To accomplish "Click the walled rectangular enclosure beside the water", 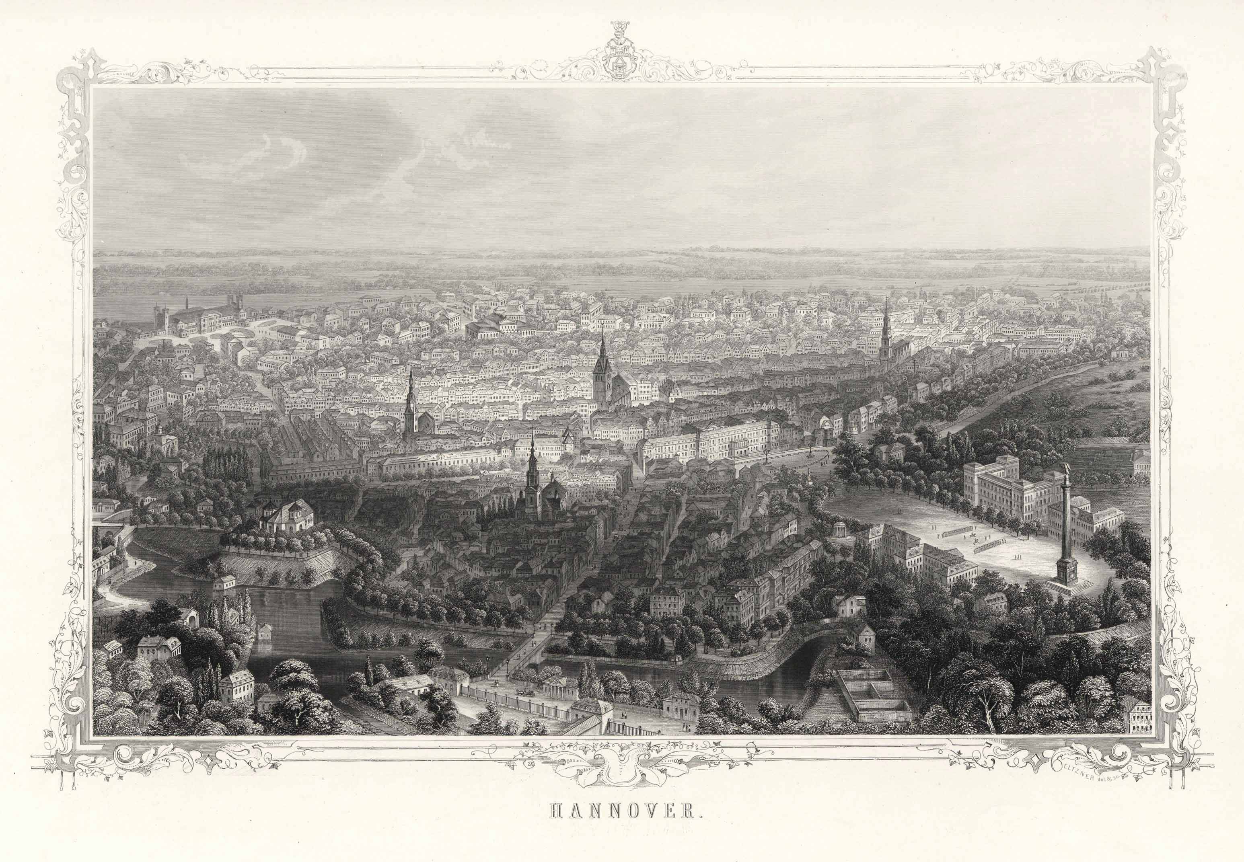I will coord(875,694).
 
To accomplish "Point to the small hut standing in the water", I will coord(265,632).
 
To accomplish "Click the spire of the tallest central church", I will coord(602,346).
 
